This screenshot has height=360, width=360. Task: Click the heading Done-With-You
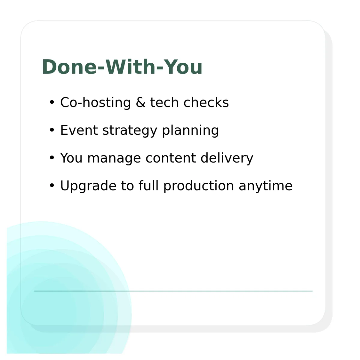(x=122, y=67)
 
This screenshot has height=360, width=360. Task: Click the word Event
(x=79, y=130)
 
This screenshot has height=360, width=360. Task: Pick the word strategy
(x=130, y=131)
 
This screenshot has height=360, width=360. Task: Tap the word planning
(x=190, y=131)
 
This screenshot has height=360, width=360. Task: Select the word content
(x=171, y=158)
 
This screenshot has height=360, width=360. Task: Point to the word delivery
(x=227, y=158)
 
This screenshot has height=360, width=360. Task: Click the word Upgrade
(x=88, y=186)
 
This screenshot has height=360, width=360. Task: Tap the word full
(x=148, y=185)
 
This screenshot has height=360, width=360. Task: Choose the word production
(x=199, y=186)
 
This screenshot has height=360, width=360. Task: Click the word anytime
(x=265, y=186)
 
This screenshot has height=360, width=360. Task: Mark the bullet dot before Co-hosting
(x=52, y=102)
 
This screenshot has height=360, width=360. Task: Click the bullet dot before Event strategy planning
(x=52, y=130)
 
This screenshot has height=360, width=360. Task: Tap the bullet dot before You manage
(x=52, y=158)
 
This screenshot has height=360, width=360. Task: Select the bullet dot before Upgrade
(x=52, y=185)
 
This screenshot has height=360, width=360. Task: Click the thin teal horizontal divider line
(x=173, y=291)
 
